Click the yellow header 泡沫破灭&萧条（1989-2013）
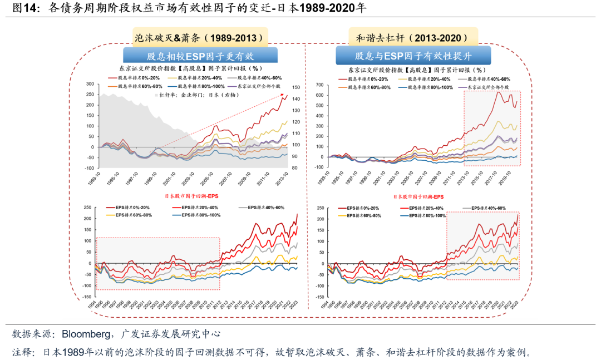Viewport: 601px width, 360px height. click(x=199, y=38)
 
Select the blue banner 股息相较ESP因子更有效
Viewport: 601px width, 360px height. click(x=199, y=56)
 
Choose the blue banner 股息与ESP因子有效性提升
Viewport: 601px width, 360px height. click(x=413, y=56)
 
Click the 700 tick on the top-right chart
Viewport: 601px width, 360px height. click(x=319, y=84)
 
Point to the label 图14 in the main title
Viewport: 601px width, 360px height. click(x=24, y=8)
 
